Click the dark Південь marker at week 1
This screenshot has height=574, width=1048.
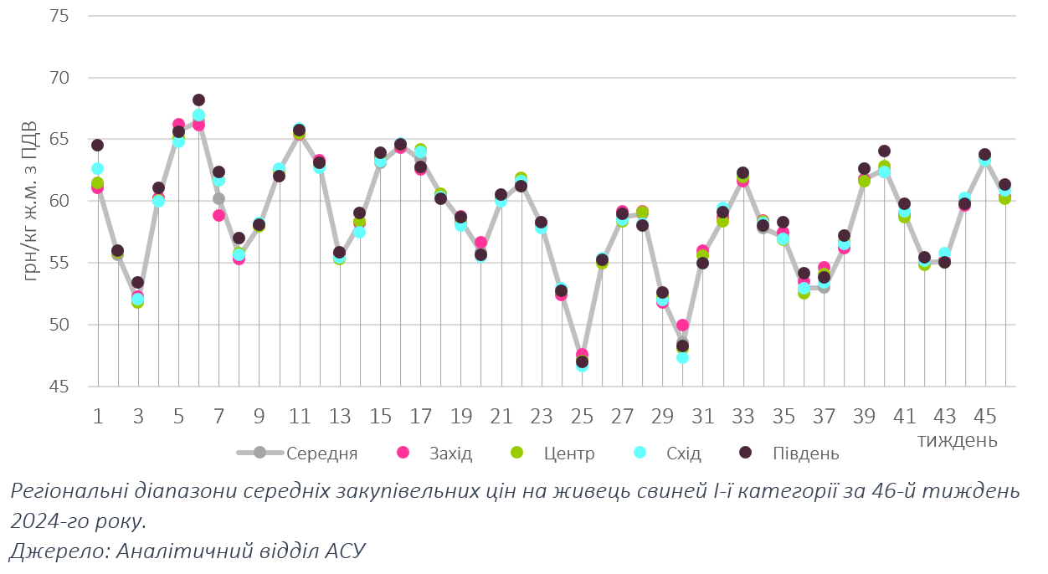coord(97,145)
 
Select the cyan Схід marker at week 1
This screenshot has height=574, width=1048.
coord(97,168)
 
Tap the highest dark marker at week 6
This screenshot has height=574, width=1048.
coord(198,100)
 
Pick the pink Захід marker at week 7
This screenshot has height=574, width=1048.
coord(218,215)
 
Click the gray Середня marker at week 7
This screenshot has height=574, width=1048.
coord(218,198)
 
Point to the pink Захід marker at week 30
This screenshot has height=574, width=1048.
coord(682,325)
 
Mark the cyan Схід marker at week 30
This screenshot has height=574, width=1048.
coord(682,357)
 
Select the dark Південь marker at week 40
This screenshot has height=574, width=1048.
coord(884,151)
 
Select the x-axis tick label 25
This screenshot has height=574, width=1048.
coord(582,416)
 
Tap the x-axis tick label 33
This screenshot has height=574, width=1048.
coord(743,416)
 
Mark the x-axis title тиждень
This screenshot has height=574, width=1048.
coord(957,439)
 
